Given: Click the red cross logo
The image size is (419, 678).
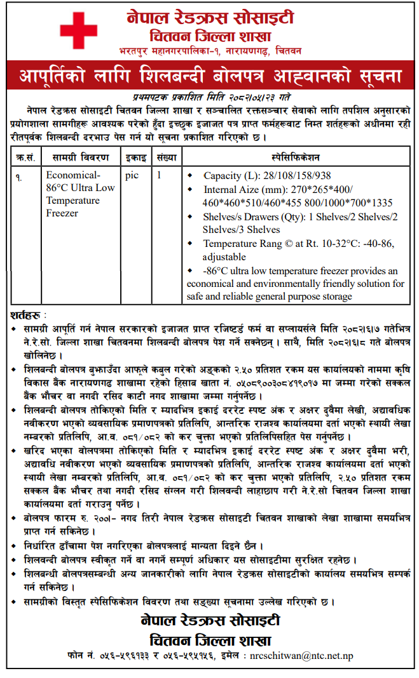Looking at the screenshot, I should pyautogui.click(x=79, y=30).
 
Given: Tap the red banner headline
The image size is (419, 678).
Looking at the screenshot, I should pyautogui.click(x=209, y=77).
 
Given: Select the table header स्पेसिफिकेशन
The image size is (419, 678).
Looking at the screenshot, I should pyautogui.click(x=295, y=156).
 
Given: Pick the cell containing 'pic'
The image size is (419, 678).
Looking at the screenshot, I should pyautogui.click(x=132, y=175).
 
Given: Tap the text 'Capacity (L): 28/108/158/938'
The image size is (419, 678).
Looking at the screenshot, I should pyautogui.click(x=267, y=175).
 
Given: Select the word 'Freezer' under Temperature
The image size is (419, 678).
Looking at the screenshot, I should pyautogui.click(x=62, y=213).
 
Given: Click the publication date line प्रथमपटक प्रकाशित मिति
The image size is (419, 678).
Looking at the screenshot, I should pyautogui.click(x=209, y=96).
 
